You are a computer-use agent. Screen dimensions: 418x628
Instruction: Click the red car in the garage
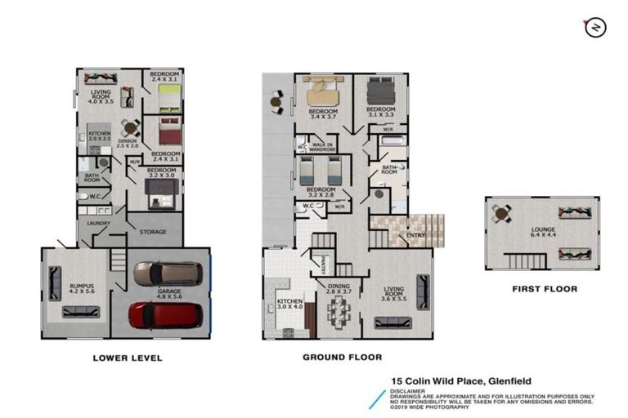click(x=165, y=314)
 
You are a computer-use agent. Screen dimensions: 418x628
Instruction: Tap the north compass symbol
click(x=594, y=28)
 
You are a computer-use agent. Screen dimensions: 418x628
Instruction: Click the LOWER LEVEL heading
click(x=127, y=358)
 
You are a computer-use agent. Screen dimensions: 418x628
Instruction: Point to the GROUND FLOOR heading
click(x=342, y=358)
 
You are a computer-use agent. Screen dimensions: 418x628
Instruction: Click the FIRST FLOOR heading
click(x=544, y=289)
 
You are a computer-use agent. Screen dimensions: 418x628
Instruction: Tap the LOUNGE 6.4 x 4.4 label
click(x=542, y=233)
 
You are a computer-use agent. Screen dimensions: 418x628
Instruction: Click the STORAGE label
click(x=152, y=232)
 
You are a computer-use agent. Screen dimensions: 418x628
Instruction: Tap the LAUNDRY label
click(x=100, y=222)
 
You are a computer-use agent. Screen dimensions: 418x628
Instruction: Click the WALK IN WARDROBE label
click(x=323, y=148)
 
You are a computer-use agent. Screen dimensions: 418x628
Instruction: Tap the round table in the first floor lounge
click(x=501, y=213)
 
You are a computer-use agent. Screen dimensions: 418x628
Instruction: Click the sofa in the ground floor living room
click(x=422, y=291)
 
